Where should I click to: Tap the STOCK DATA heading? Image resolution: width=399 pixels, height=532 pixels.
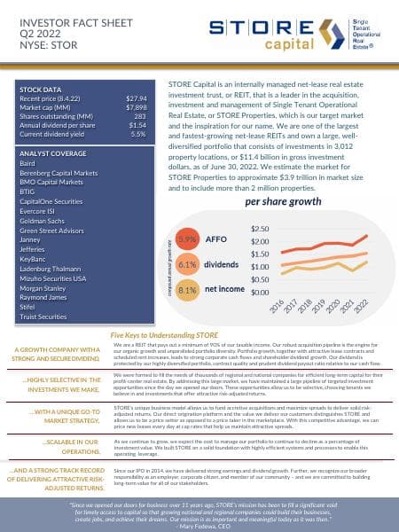click(x=40, y=90)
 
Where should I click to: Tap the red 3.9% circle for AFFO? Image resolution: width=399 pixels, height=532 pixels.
click(x=187, y=239)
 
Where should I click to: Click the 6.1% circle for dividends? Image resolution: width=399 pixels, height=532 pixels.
click(x=187, y=263)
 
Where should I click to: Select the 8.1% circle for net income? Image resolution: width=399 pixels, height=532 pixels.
click(x=187, y=289)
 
